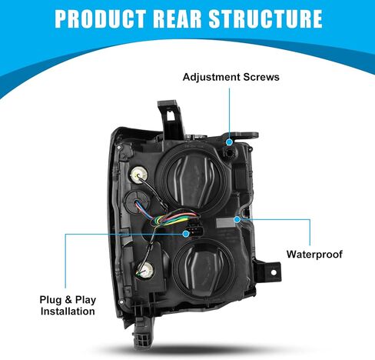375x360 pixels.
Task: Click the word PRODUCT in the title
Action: coord(101,18)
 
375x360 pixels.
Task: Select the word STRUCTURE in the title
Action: coord(265,18)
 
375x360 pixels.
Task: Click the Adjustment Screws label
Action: coord(231,77)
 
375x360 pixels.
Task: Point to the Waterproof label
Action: coord(314,255)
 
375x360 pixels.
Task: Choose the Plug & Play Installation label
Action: coord(68,305)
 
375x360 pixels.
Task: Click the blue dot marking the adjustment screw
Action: coord(229,142)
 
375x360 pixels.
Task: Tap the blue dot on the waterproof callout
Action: coord(237,219)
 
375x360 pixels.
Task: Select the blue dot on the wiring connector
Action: coord(186,234)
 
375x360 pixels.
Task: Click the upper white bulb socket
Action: coord(139,175)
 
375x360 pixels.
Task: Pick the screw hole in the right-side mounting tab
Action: coord(274,272)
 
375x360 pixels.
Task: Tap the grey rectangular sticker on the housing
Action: coord(225,222)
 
